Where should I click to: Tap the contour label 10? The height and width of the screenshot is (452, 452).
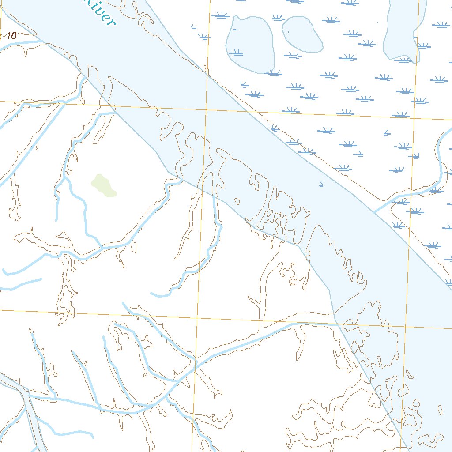click(x=11, y=36)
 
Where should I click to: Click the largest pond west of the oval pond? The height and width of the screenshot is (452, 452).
click(x=250, y=44)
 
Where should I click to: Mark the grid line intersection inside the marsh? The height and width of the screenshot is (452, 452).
click(x=414, y=118)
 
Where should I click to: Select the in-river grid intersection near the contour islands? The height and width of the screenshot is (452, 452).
click(x=406, y=327)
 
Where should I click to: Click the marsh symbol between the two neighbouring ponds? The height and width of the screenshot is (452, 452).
click(x=278, y=18)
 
